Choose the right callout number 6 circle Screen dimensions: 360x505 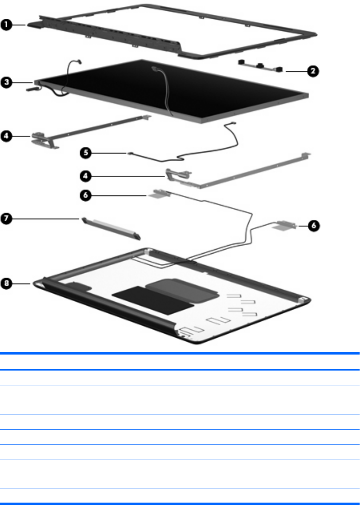[313, 225]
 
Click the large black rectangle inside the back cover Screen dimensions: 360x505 [152, 300]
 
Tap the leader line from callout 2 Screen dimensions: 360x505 [296, 71]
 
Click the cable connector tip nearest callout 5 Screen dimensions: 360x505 [130, 152]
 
